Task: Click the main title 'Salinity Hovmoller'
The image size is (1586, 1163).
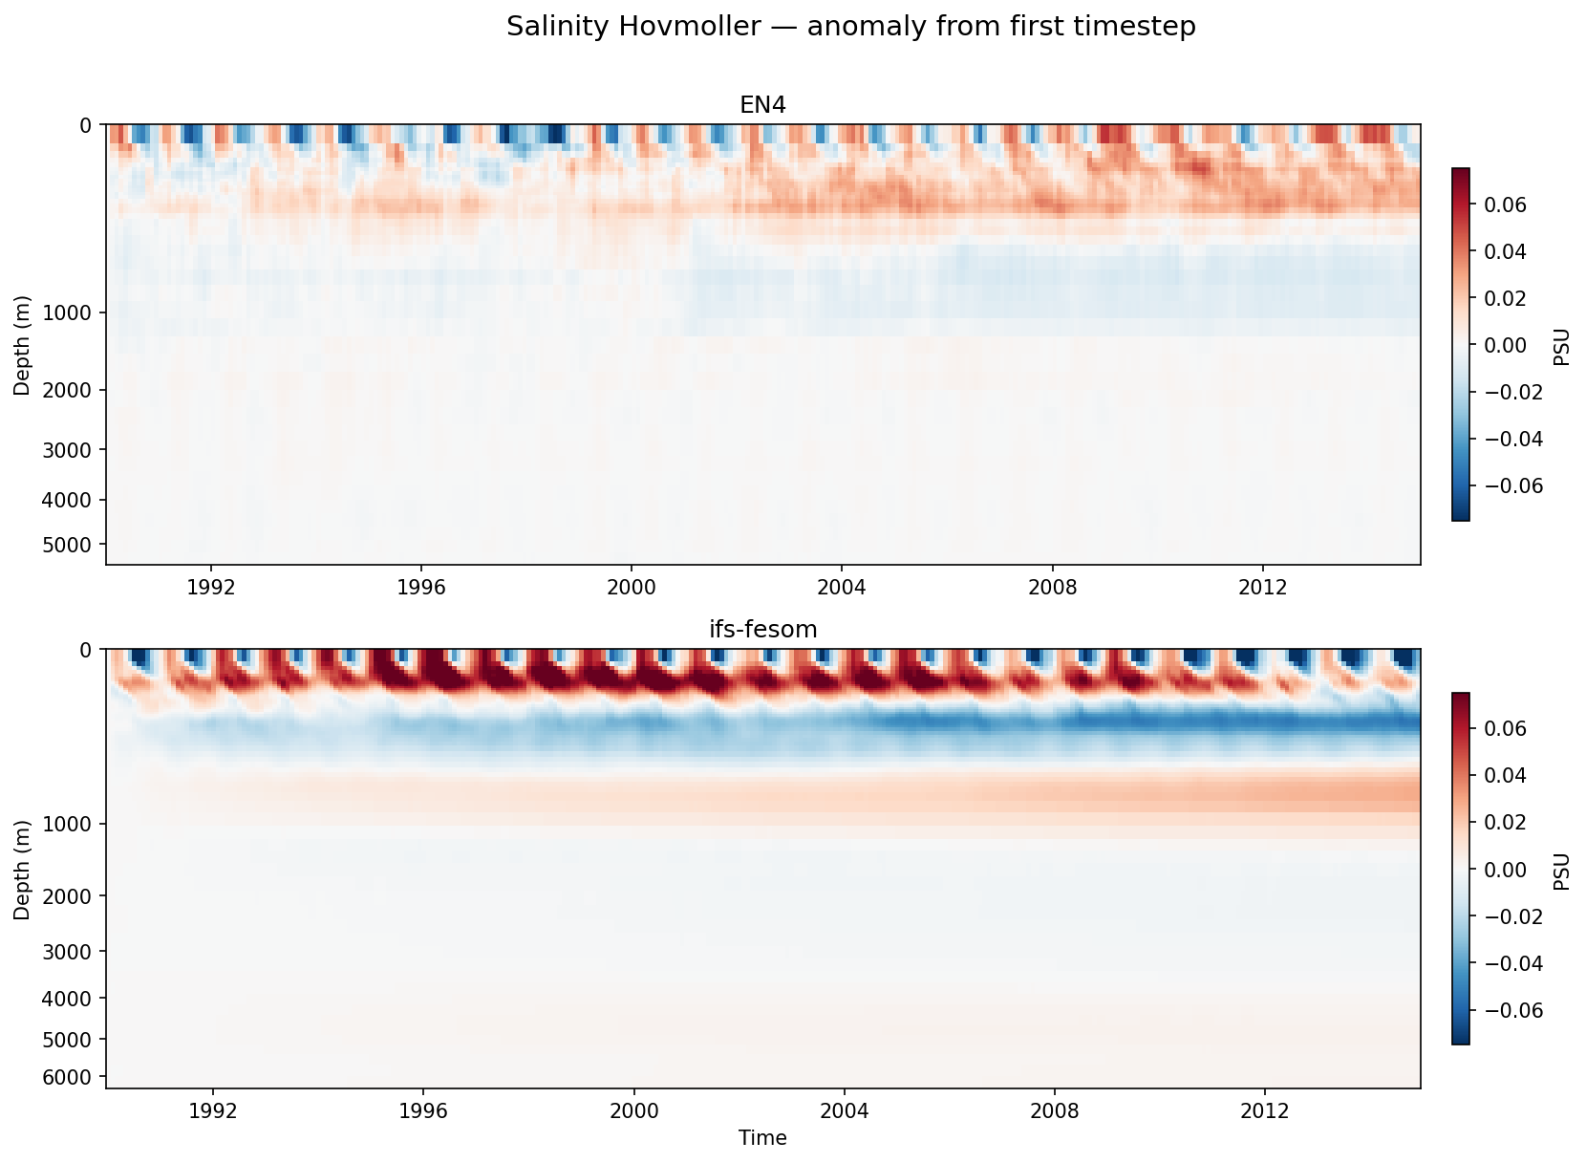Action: (850, 27)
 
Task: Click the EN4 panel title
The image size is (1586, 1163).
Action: (762, 105)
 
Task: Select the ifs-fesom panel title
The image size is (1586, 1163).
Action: (762, 629)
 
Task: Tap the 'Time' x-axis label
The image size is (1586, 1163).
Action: (762, 1137)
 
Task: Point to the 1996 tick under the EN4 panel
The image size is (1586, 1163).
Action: (421, 587)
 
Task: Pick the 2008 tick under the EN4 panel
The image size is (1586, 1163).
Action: (1052, 587)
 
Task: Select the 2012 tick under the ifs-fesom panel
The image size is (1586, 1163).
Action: (1264, 1110)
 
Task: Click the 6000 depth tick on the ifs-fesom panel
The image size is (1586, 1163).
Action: (73, 1077)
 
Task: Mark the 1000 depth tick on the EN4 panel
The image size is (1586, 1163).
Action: (73, 312)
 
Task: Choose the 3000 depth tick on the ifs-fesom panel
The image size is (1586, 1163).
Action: (73, 952)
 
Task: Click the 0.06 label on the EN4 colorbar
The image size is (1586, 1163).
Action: (1505, 205)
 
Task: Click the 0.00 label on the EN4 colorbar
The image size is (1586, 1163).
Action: (1505, 345)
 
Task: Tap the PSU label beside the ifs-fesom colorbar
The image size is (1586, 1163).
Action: (1562, 871)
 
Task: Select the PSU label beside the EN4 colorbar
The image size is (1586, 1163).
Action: (1562, 346)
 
